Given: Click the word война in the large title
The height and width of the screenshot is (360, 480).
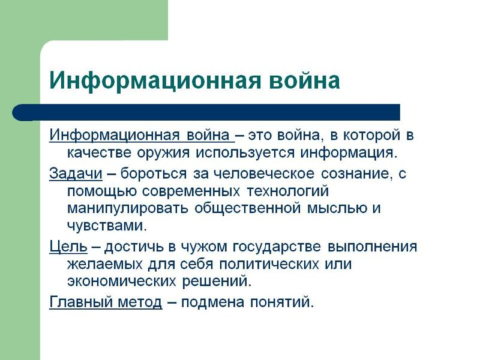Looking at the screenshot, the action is pos(305,80).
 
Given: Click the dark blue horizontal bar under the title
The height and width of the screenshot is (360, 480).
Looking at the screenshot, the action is pos(206,112).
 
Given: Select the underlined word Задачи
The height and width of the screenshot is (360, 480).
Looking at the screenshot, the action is pos(76,174).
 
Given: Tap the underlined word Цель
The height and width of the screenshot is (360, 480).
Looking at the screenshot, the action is pos(68,247).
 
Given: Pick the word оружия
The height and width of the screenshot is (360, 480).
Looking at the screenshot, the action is pos(163,153).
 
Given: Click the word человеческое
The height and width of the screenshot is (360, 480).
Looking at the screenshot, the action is pos(263,174).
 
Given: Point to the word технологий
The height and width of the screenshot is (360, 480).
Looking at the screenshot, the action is pos(287,191).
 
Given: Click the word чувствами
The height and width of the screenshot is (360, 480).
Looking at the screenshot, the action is pos(105,226).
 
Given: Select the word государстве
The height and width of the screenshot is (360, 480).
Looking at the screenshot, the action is pos(277,247).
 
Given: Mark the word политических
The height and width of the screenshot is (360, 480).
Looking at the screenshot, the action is pos(269,264).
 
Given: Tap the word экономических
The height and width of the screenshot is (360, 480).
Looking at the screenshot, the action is pos(122,281).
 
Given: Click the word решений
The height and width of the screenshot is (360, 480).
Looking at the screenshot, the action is pos(215,281).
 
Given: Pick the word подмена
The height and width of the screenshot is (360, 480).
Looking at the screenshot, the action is pos(212,302).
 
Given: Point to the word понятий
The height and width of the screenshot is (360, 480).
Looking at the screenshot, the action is pos(280,302).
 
